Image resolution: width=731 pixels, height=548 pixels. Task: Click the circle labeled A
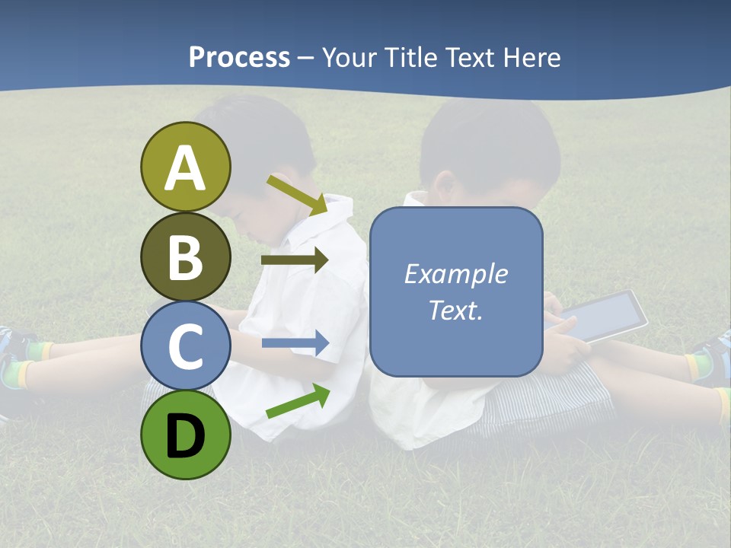coord(185,167)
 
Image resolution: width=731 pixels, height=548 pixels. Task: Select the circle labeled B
coord(185,256)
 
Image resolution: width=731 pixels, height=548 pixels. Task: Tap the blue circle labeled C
coord(185,346)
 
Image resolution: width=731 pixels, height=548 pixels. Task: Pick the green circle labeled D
coord(185,435)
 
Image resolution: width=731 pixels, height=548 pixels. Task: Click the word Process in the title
coord(239,57)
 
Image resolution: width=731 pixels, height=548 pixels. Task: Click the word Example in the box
coord(455,274)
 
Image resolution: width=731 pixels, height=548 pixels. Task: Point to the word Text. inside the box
coord(455,310)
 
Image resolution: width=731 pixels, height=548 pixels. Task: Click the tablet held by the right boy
coord(605,314)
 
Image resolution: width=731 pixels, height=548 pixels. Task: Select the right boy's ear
coord(444,187)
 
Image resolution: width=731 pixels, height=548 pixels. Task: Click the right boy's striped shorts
coord(563,396)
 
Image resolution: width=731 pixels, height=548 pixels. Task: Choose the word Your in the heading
coord(348,57)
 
